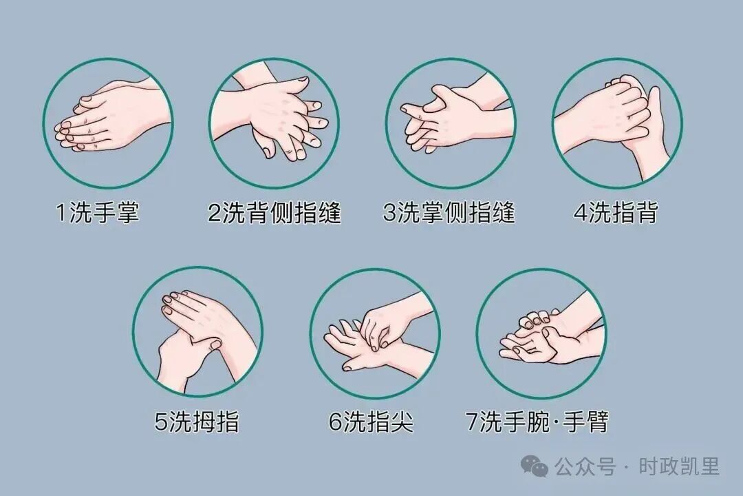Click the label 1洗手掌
[98, 213]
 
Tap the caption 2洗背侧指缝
[274, 213]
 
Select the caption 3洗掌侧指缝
[449, 213]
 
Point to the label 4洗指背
[616, 213]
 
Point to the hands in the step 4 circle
[616, 123]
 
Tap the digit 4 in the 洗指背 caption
[580, 213]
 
